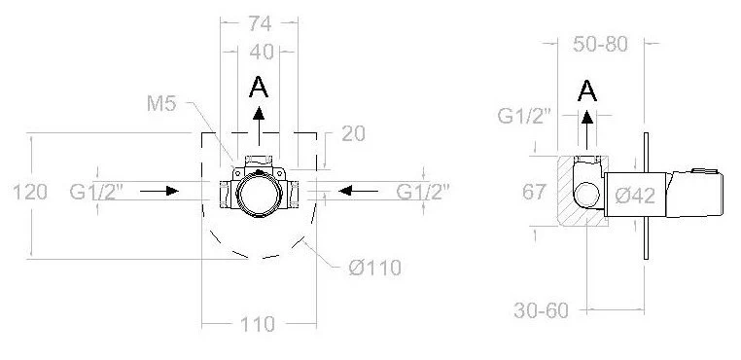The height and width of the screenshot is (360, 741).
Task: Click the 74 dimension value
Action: click(260, 23)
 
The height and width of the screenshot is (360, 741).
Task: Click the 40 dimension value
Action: click(262, 52)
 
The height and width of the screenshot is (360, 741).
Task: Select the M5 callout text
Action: click(161, 103)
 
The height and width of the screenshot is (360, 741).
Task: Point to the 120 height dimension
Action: click(30, 192)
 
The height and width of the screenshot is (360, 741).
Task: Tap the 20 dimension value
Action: click(354, 134)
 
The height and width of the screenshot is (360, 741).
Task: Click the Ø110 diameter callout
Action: click(374, 269)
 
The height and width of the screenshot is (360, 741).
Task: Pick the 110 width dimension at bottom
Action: click(258, 325)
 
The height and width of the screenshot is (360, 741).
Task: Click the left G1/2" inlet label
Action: click(96, 192)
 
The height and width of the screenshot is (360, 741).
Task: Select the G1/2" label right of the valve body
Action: click(423, 192)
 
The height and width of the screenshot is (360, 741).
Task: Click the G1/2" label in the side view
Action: click(524, 116)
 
